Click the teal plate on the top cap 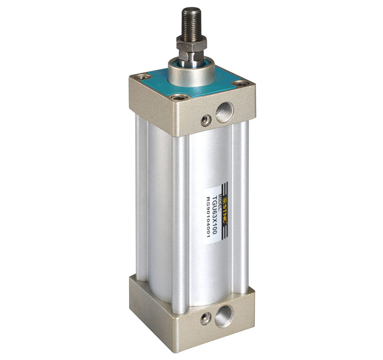pyautogui.click(x=191, y=83)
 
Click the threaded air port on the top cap pyautogui.click(x=224, y=112)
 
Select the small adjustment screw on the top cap pyautogui.click(x=205, y=120)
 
